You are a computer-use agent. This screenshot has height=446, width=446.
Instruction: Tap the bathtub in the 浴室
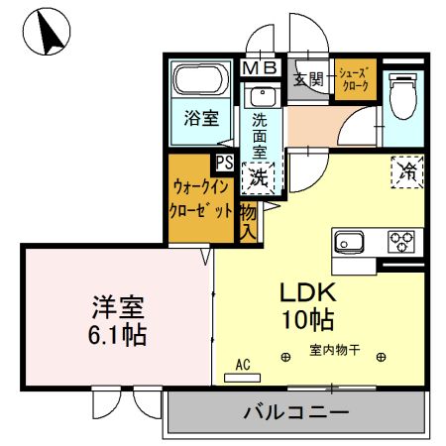[201, 82]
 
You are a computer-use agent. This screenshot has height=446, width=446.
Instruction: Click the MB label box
[262, 67]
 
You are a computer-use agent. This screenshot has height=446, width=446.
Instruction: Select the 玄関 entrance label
[309, 80]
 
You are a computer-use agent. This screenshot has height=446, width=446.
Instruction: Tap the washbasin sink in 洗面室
[264, 97]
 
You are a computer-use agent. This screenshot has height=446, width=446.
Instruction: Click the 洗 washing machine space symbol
[259, 178]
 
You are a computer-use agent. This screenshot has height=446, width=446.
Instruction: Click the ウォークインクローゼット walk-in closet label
[202, 197]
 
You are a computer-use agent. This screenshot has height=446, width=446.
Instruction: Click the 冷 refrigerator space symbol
[406, 170]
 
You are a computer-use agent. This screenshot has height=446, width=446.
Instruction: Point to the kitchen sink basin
[351, 241]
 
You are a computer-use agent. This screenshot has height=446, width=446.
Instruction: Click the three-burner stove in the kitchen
[402, 241]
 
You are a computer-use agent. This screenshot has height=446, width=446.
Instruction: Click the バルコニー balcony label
[295, 411]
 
